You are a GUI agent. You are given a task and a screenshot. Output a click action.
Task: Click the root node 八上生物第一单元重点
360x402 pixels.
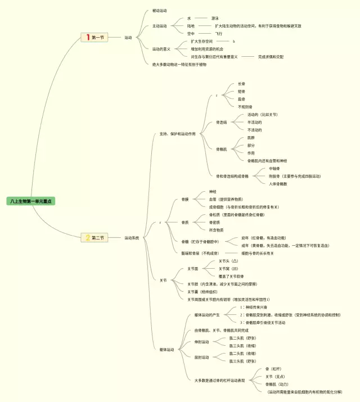(31, 201)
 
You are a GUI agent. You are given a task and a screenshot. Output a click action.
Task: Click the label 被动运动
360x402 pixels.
(160, 11)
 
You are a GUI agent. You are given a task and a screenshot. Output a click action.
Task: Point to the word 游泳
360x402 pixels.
(215, 19)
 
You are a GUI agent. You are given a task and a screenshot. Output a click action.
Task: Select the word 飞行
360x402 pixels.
(219, 34)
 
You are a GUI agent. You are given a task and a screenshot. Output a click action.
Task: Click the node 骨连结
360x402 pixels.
(222, 122)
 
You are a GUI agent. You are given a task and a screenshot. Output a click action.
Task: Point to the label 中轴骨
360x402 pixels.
(274, 169)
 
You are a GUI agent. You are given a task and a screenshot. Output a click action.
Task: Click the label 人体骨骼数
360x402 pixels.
(278, 184)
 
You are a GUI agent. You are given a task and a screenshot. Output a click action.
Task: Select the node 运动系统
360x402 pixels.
(132, 238)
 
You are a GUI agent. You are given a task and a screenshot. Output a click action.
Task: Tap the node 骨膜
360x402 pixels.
(185, 200)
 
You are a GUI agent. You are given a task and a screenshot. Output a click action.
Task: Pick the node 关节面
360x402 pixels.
(193, 269)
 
